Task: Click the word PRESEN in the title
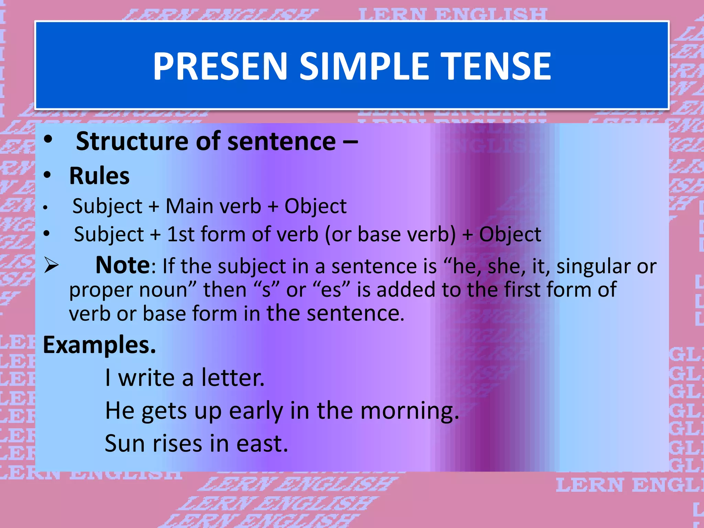coord(220,66)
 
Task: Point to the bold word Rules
coord(99,176)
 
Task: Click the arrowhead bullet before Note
coord(51,266)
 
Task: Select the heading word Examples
coord(99,345)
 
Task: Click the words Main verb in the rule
coord(213,206)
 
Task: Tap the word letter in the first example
coord(233,378)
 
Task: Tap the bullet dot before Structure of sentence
coord(48,140)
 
